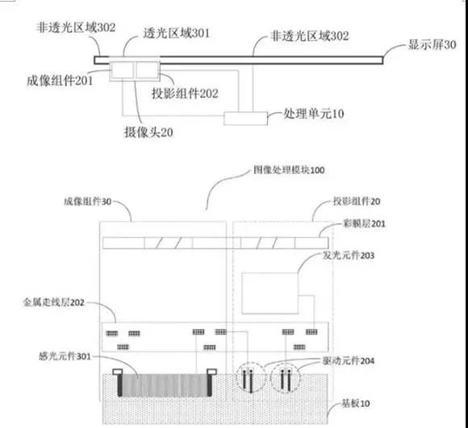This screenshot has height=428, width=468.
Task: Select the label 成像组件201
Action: (x=61, y=80)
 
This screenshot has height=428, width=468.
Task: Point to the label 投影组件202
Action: (x=185, y=93)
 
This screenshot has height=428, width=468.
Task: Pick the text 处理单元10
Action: (x=311, y=114)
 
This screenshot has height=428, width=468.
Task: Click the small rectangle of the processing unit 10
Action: (x=246, y=118)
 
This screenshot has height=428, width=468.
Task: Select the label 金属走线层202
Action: (x=61, y=303)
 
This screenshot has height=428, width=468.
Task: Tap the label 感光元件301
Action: (x=49, y=355)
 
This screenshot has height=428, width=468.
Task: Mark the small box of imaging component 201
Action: (x=123, y=71)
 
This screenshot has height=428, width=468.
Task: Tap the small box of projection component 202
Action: (x=148, y=71)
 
